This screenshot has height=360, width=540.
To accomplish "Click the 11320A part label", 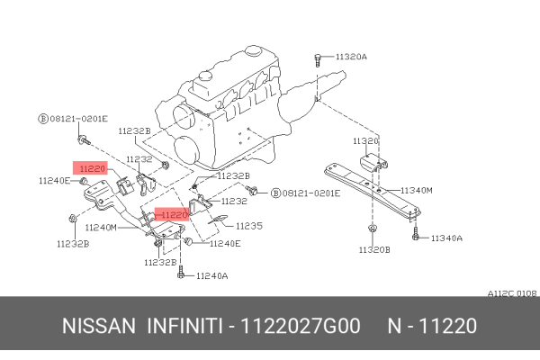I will coord(350,56).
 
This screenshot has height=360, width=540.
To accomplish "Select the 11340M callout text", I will coord(417,191).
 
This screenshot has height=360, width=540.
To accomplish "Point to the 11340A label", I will coord(445,238).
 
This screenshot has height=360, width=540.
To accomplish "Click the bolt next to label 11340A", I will coord(416,235).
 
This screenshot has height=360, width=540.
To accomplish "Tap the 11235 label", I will coord(248,226).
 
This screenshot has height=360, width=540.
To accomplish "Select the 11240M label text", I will coord(101,228).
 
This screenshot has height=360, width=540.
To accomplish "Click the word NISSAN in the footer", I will coord(99,325).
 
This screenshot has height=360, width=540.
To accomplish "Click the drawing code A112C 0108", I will coord(512,293).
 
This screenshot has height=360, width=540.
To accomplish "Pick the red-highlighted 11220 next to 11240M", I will coord(171,215).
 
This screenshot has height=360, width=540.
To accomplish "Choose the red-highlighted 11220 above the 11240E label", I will coord(91,167).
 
